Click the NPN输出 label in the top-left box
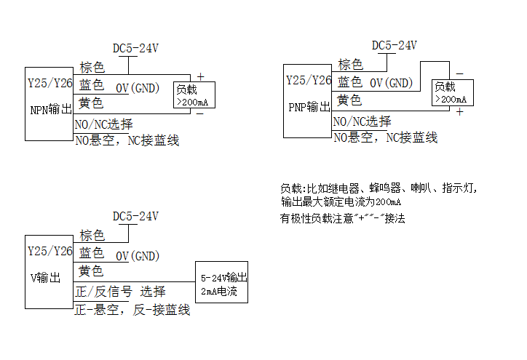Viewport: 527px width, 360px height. [x=50, y=110]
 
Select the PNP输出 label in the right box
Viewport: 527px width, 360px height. [x=309, y=107]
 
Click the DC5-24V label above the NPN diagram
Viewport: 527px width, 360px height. [x=135, y=49]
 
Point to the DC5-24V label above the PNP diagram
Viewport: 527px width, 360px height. [x=395, y=45]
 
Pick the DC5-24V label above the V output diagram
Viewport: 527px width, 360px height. [x=135, y=217]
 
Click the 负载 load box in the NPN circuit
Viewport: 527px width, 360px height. [x=192, y=95]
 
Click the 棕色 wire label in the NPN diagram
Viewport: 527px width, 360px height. [x=92, y=68]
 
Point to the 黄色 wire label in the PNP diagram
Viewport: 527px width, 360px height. [x=349, y=100]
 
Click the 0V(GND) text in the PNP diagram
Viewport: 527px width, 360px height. [x=391, y=84]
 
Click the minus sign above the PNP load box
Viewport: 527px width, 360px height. [x=459, y=73]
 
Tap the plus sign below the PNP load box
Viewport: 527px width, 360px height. [x=459, y=112]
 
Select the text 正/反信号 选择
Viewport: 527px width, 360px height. [x=121, y=292]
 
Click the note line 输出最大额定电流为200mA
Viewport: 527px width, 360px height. [x=341, y=202]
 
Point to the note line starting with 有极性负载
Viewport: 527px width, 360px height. [x=343, y=218]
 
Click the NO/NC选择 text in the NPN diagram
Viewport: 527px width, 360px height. [x=104, y=124]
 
